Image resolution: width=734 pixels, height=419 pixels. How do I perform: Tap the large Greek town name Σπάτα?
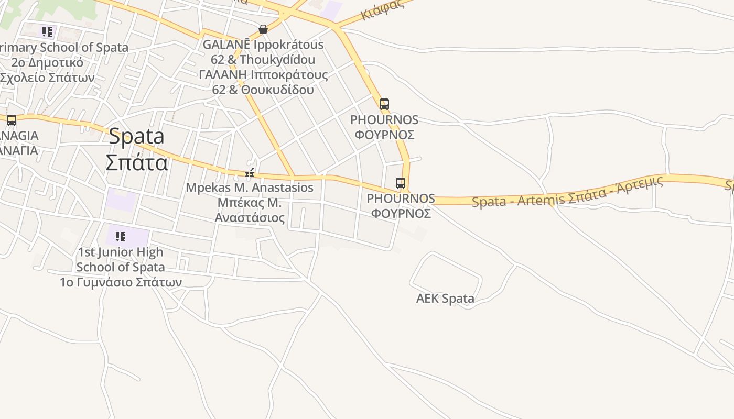coord(136,162)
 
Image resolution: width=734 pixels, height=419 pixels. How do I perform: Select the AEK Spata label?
coord(445,299)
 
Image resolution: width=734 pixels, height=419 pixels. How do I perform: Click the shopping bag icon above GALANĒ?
coord(263,29)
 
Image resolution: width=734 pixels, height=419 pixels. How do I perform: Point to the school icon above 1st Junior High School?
coord(121,237)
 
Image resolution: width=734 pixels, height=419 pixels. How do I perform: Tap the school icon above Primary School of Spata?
coord(47,32)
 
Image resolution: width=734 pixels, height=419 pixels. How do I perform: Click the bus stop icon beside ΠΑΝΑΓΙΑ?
coord(12,120)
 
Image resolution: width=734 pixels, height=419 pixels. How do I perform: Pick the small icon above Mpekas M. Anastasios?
coord(250,173)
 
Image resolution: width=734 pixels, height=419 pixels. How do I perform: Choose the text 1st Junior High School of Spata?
coord(120,260)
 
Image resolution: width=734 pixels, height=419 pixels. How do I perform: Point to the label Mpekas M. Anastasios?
coord(250,188)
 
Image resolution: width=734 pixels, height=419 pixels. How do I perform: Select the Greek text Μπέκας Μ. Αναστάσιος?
coord(250,210)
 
